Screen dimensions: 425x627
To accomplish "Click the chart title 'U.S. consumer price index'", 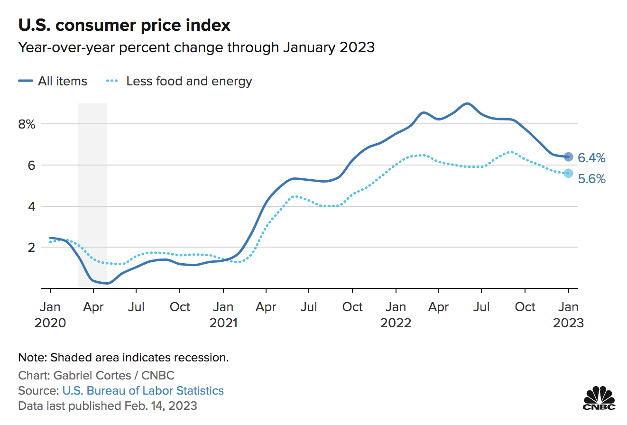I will click(x=124, y=25).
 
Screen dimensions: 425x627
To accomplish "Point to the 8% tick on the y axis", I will click(x=27, y=125).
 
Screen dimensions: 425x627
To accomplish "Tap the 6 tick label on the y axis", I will click(x=31, y=166).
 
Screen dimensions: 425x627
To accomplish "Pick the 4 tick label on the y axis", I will click(x=31, y=206).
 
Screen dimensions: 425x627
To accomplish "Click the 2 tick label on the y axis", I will click(x=31, y=247).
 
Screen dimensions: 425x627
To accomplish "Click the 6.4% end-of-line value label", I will click(x=591, y=158).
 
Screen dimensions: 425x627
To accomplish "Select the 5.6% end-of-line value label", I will click(x=591, y=179).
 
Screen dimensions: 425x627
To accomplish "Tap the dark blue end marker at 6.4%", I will click(x=568, y=157).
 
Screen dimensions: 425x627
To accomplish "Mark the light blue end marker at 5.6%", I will click(x=568, y=173).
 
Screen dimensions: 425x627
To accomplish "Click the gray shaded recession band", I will click(x=92, y=190).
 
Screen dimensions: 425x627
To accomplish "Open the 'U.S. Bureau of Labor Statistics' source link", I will click(x=143, y=391).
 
